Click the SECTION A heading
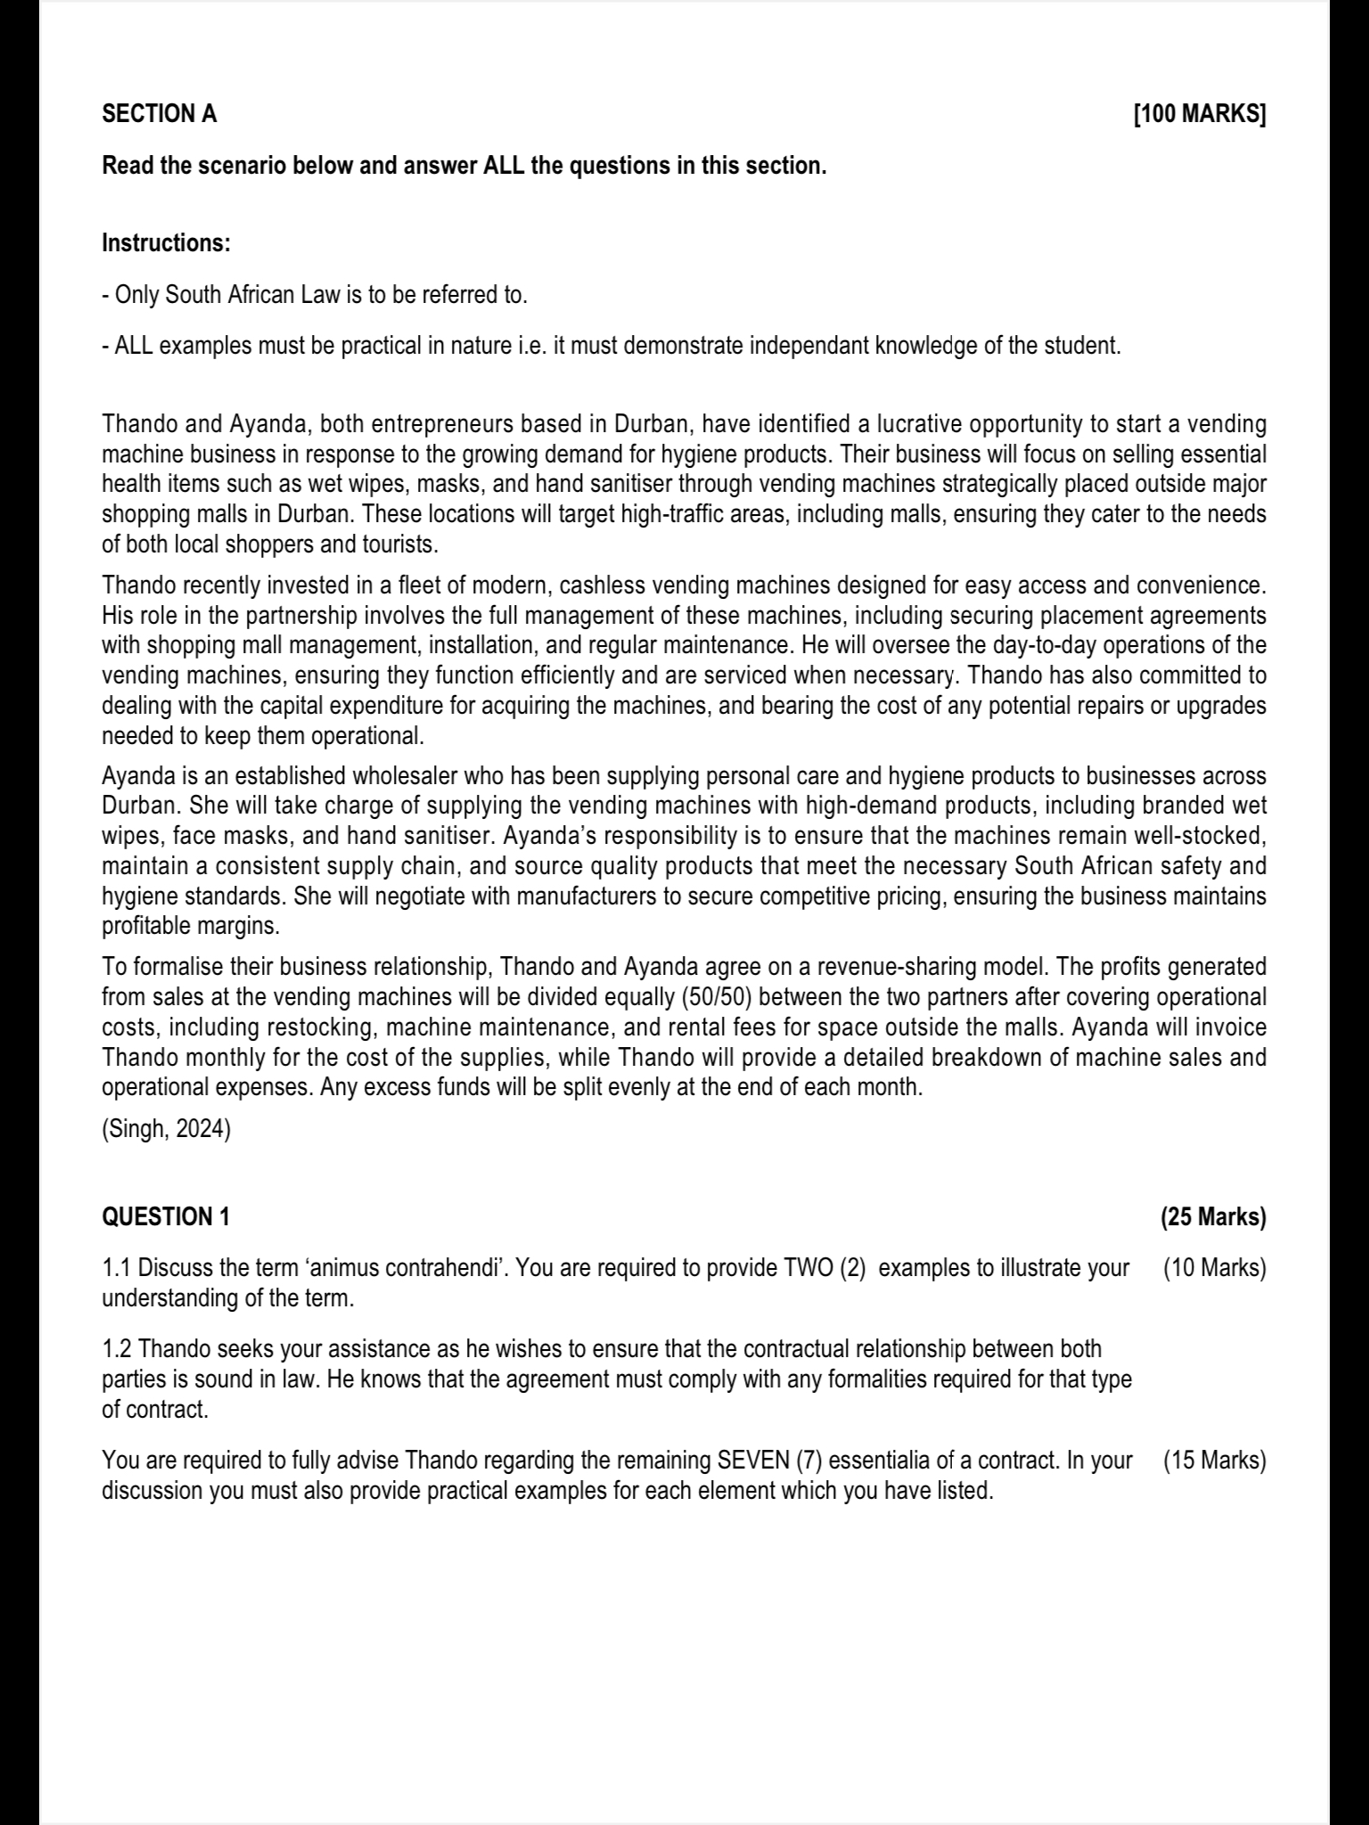click(x=160, y=114)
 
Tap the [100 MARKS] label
click(x=1199, y=114)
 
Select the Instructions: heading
click(x=167, y=242)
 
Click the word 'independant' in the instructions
click(x=809, y=346)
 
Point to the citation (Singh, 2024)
click(x=167, y=1129)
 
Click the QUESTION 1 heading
click(x=167, y=1217)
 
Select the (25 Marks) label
click(x=1213, y=1217)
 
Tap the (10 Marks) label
click(x=1215, y=1267)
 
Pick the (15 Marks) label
click(x=1215, y=1461)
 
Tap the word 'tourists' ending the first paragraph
click(x=399, y=544)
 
